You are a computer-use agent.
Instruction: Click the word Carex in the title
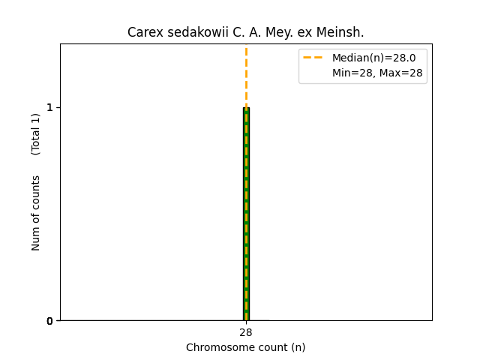[x=142, y=32]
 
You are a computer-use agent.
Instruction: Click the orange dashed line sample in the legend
[x=313, y=58]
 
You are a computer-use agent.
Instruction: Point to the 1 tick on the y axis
[x=49, y=108]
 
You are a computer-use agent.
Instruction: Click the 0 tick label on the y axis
[x=49, y=321]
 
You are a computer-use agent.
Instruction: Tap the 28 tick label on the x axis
[x=246, y=332]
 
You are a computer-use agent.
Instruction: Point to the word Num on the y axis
[x=36, y=238]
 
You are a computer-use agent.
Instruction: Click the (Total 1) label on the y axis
[x=36, y=133]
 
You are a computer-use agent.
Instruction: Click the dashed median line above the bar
[x=246, y=75]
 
